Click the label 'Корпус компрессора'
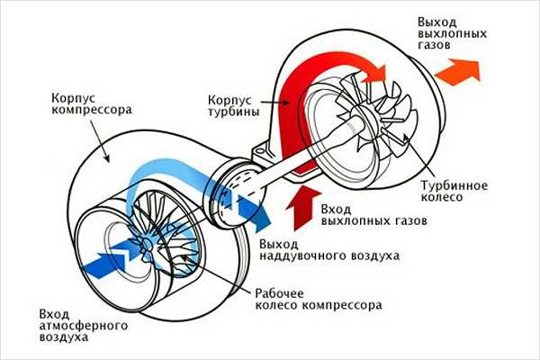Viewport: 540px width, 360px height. (x=92, y=103)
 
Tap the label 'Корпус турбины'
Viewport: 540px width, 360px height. (x=234, y=106)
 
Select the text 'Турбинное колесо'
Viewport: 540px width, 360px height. (x=454, y=191)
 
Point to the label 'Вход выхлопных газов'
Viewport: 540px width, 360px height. (x=374, y=214)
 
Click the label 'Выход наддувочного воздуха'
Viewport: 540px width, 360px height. (x=329, y=250)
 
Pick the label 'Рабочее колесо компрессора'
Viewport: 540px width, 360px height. (x=319, y=300)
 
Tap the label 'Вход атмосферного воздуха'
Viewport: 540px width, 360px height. (x=84, y=326)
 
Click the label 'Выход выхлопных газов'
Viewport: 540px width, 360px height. (x=452, y=33)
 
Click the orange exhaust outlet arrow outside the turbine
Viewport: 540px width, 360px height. (x=458, y=70)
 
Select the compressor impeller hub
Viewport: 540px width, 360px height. (x=147, y=244)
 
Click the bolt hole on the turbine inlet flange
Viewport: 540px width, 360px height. (x=260, y=151)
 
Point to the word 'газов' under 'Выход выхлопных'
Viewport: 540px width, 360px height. (x=434, y=45)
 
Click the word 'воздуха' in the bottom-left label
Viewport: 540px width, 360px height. (x=64, y=337)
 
